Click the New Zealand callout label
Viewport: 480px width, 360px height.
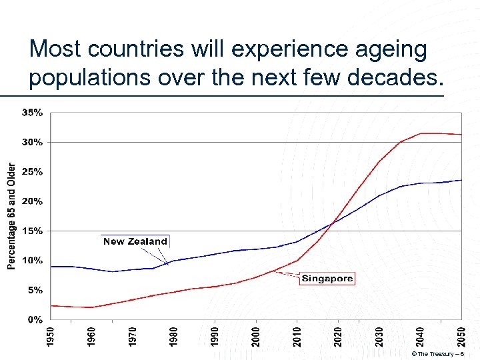(x=135, y=241)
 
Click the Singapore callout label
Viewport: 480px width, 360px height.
(x=327, y=279)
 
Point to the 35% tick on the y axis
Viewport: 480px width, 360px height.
(x=33, y=113)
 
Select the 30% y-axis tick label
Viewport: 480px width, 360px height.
(x=33, y=142)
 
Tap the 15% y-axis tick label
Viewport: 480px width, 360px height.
(x=33, y=231)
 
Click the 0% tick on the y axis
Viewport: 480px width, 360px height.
(x=35, y=319)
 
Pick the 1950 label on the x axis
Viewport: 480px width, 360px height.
(x=51, y=335)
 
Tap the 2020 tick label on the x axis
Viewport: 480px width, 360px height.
(x=338, y=335)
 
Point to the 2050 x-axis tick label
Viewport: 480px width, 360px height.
(x=461, y=335)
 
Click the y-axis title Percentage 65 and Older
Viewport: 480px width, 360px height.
(x=11, y=216)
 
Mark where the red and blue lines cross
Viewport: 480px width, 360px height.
(x=333, y=222)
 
